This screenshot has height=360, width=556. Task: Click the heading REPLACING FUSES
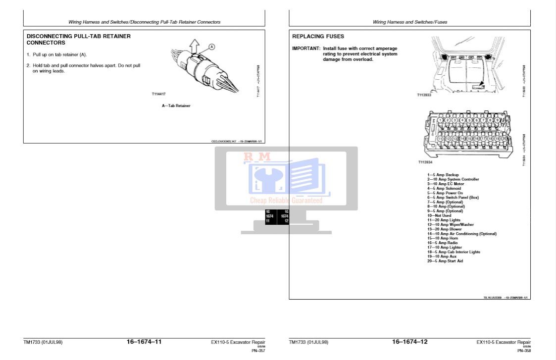point(318,37)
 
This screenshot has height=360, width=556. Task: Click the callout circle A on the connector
point(211,47)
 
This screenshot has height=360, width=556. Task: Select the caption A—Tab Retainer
point(176,105)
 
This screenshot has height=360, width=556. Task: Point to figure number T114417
point(159,94)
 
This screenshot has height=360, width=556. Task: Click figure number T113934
point(425,162)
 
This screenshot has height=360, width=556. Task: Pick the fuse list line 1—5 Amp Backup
point(443,175)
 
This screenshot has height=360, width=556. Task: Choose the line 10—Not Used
point(439,215)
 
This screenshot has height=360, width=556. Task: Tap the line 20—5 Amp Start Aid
point(445,261)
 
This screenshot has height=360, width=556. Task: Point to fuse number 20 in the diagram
point(505,139)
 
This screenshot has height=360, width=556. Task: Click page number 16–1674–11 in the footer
point(144,342)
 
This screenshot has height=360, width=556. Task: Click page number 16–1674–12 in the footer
point(409,342)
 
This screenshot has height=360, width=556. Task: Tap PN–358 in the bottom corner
point(524,351)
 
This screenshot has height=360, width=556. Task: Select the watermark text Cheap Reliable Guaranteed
point(286,201)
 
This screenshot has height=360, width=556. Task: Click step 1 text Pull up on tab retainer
point(59,54)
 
